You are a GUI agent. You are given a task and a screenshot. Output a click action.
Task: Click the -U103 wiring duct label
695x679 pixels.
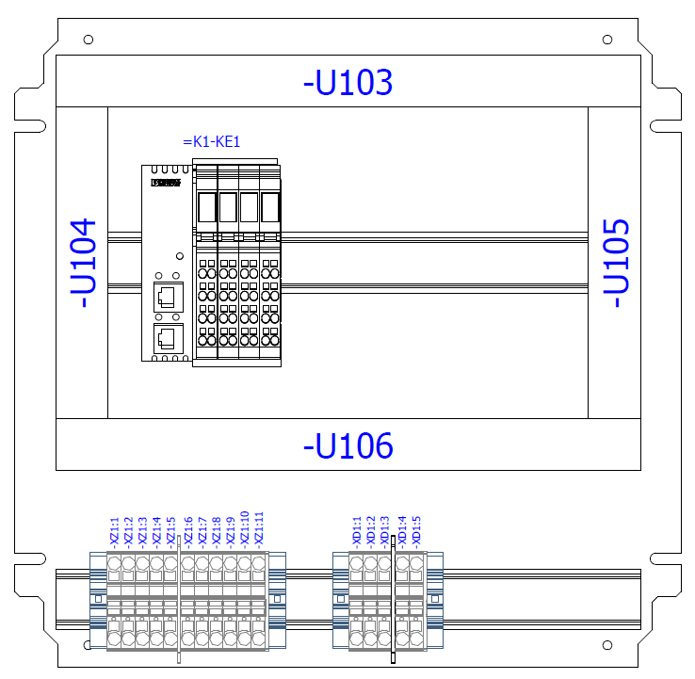pos(347,83)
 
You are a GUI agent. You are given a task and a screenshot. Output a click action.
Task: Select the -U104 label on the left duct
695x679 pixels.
pos(84,263)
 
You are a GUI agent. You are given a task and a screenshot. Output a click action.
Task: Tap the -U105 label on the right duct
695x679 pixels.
pos(616,263)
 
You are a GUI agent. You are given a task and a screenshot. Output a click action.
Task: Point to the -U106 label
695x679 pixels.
pos(347,445)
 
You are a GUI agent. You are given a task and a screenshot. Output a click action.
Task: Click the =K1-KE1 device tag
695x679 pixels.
pos(212,142)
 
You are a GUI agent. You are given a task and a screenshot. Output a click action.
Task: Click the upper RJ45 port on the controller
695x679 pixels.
pos(167,296)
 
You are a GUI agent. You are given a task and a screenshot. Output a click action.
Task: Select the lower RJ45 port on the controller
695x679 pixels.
pos(167,338)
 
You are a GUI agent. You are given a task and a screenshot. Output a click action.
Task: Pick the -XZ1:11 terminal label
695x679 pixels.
pos(259,528)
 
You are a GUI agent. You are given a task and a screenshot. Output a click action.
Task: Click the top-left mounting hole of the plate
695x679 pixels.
pos(89,40)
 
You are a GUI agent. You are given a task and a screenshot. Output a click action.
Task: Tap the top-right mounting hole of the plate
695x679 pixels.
pos(607,40)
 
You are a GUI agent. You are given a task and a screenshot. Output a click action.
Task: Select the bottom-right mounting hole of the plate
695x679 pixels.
pos(607,646)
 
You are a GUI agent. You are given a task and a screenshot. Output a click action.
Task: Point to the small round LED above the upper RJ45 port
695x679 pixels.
pos(177,256)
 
